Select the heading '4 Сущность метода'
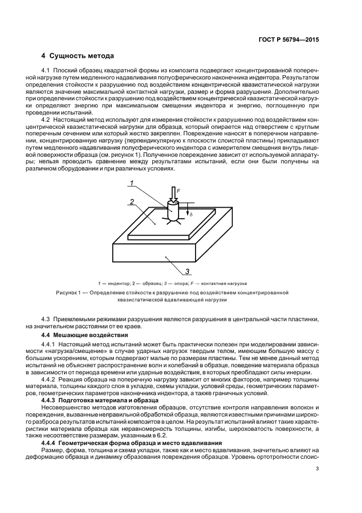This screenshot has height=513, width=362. pyautogui.click(x=78, y=56)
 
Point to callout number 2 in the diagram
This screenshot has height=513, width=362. pyautogui.click(x=132, y=202)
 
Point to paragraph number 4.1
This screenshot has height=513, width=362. pyautogui.click(x=46, y=71)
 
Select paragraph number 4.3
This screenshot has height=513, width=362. pyautogui.click(x=46, y=319)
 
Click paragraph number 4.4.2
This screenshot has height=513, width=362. pyautogui.click(x=49, y=379)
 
